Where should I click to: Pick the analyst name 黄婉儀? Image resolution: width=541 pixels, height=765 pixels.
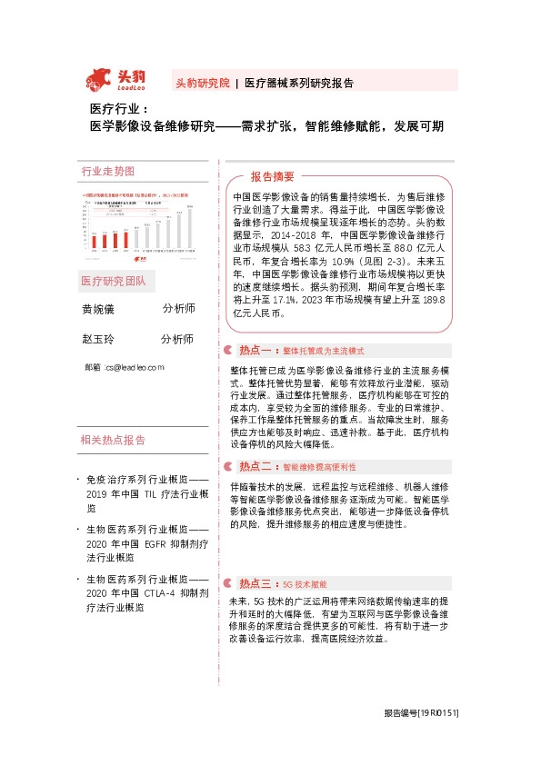(x=99, y=310)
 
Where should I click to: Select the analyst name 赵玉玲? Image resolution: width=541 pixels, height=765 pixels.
(x=99, y=340)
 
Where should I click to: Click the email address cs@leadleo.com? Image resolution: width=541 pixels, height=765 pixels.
(x=133, y=367)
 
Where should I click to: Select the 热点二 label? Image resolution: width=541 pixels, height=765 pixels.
(x=257, y=466)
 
